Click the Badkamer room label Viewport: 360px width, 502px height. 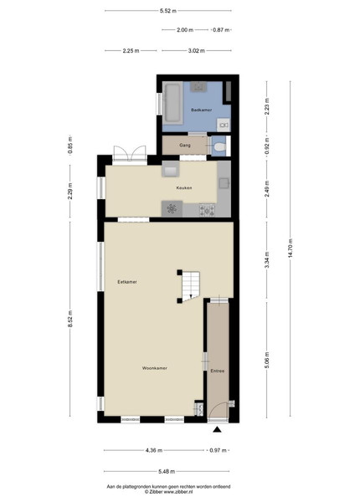[x=201, y=110]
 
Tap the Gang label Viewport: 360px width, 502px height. [x=185, y=146]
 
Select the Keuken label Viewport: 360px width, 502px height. [x=184, y=188]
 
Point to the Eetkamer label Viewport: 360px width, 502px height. [x=127, y=282]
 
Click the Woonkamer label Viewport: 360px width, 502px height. [x=154, y=368]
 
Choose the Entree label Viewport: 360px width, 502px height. [x=217, y=371]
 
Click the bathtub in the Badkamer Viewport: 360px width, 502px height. [x=172, y=102]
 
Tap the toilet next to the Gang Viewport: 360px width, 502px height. [x=220, y=147]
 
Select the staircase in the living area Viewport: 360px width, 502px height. [x=189, y=286]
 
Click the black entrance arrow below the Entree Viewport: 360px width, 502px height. [x=218, y=430]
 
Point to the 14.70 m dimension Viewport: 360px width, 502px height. [x=291, y=248]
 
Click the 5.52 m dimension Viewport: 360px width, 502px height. [x=168, y=11]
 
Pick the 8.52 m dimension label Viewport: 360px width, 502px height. [x=69, y=319]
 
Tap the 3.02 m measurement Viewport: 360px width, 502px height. [x=197, y=50]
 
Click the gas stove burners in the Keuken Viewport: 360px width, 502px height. [x=208, y=210]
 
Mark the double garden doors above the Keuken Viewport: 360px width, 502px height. [x=130, y=153]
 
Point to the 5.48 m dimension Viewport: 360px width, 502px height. [x=167, y=471]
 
